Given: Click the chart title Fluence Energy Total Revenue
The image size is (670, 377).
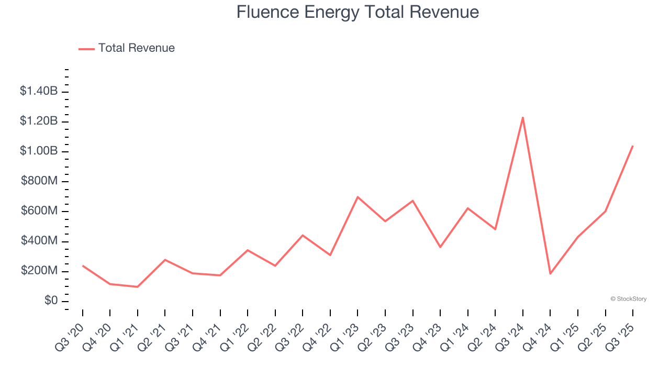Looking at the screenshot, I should [358, 12].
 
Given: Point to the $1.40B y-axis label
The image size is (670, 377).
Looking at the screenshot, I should [39, 91].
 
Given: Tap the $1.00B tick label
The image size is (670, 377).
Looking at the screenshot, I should [39, 151].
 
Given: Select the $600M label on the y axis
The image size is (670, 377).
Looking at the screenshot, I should [39, 211].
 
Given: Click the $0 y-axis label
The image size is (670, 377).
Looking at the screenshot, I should [51, 301].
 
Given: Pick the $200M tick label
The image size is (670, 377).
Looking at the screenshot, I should [39, 271].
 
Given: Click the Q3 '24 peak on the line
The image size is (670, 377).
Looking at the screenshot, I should [523, 117].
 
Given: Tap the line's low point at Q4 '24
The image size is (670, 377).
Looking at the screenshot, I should [550, 273].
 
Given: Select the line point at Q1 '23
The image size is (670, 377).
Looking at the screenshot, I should [358, 197].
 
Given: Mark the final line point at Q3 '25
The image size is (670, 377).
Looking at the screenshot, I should [633, 146].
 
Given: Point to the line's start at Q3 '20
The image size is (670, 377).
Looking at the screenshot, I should [83, 266].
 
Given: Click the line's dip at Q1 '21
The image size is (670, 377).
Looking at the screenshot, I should [138, 287].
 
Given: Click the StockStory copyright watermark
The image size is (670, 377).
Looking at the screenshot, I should [628, 299].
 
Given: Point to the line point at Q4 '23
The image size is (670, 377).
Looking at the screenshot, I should [440, 247].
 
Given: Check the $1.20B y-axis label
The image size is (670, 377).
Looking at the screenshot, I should [39, 121].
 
